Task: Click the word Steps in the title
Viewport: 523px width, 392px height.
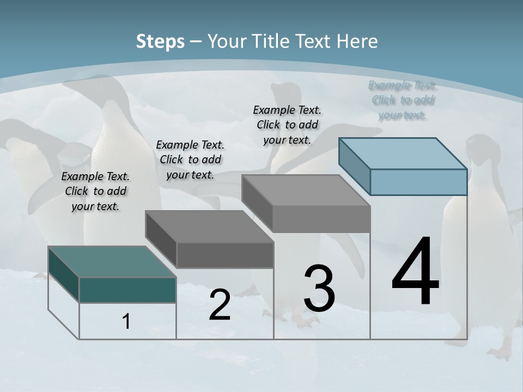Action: coord(160,41)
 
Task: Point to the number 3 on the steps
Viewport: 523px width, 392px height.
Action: coord(319,289)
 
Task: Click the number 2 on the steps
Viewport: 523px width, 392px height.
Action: coord(220,305)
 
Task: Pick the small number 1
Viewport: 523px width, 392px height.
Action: coord(126,322)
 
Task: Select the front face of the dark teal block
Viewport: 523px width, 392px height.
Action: coord(127,290)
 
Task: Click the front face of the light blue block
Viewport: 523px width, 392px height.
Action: coord(418,182)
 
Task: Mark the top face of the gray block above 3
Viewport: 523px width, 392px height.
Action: coord(306,191)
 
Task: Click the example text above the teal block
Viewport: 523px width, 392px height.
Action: coord(95,192)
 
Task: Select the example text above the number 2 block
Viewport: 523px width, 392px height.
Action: coord(190,160)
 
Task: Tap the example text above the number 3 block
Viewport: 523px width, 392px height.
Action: coord(287,125)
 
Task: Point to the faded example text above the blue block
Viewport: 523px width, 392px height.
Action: coord(403,100)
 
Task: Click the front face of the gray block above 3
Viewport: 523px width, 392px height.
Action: coord(321,219)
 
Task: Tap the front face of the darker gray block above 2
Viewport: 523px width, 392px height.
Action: coord(225,255)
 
